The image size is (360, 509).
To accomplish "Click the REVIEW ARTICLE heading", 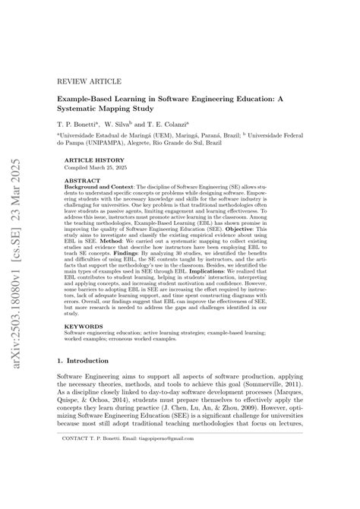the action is (x=81, y=78).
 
